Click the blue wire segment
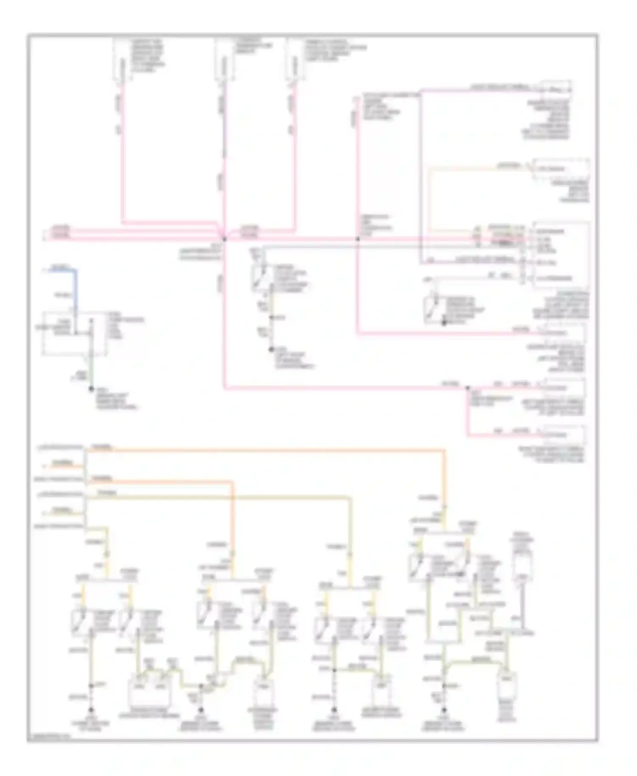76,289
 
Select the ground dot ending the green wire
91,389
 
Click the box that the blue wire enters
74,333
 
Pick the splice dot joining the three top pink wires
224,239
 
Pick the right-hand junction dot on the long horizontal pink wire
358,239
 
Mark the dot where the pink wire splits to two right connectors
468,388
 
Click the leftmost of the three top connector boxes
122,59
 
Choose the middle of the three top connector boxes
223,59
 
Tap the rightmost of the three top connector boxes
293,59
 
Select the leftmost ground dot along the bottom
91,710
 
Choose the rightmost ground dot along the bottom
444,710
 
